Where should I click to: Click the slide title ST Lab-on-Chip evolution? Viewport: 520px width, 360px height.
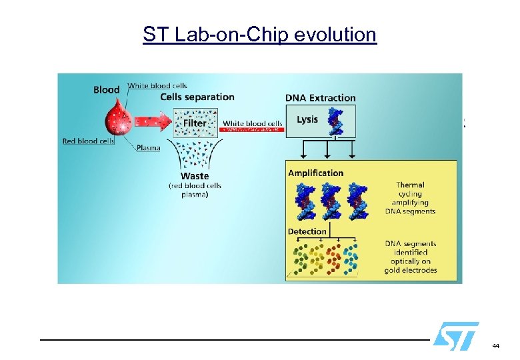pos(259,34)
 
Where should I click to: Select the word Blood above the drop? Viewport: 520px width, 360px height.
pos(107,90)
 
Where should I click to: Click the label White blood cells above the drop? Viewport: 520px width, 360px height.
pos(157,85)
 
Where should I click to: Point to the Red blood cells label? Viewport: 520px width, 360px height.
pos(88,141)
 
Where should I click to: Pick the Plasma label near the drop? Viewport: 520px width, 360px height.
pos(148,147)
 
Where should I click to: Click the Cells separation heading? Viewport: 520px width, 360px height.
pos(197,97)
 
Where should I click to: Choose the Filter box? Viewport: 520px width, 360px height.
pos(195,123)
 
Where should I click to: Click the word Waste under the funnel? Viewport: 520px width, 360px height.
pos(194,177)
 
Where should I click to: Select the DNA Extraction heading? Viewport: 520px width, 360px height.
pos(321,98)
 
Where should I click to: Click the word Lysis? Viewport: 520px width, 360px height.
pos(307,119)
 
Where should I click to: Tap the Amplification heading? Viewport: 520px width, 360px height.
pos(316,173)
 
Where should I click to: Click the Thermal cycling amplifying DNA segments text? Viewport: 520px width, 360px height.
pos(410,198)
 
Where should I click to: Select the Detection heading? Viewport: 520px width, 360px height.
pos(307,231)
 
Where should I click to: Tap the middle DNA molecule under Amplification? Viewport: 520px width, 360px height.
pos(331,202)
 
